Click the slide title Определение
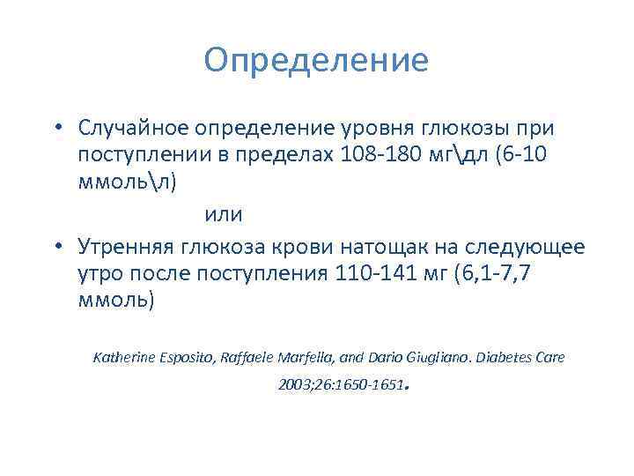316,61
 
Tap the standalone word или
224,214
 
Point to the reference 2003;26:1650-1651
341,386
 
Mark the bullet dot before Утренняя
56,244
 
